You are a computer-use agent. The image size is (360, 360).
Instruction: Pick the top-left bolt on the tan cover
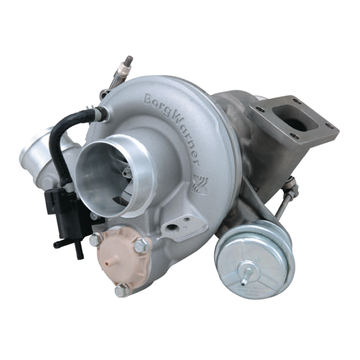94,240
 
